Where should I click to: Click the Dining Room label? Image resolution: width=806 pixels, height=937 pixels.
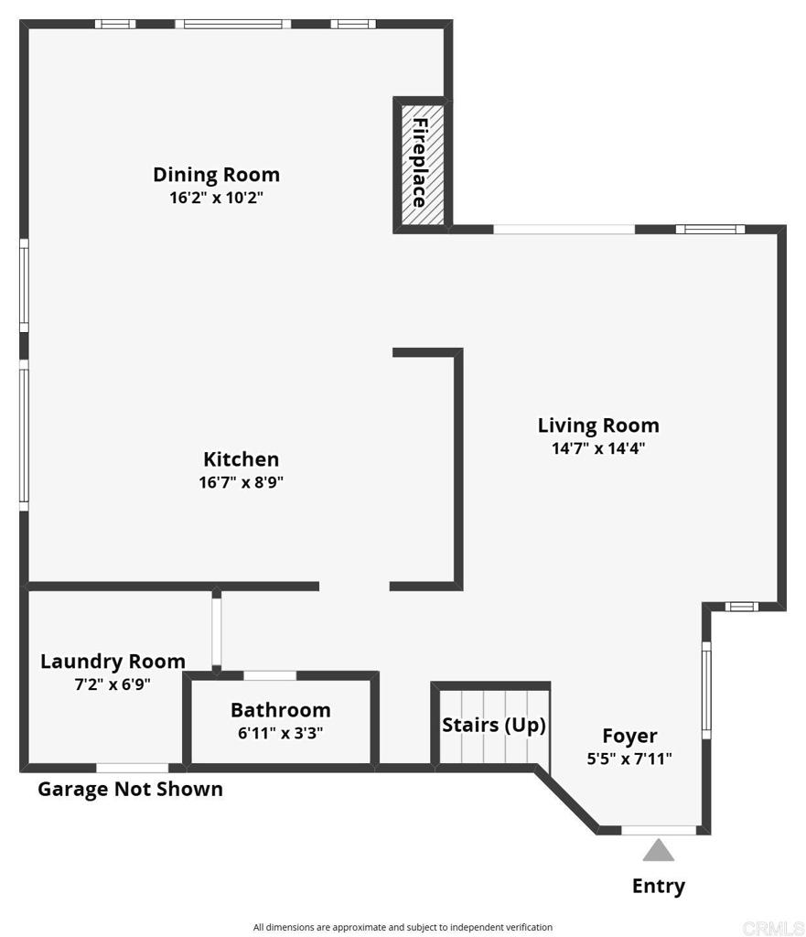(216, 175)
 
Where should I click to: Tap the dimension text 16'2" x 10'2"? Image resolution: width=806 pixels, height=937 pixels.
(216, 198)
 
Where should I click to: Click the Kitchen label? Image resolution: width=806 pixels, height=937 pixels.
(241, 459)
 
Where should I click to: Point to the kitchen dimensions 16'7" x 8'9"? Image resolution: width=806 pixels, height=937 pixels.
(241, 481)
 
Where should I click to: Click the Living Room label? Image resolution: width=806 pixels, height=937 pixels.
(598, 425)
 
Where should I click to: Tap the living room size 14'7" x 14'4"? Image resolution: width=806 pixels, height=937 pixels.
(598, 448)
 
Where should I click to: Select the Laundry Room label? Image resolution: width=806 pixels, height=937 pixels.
(113, 662)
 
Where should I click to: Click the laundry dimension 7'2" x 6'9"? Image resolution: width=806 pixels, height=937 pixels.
(113, 684)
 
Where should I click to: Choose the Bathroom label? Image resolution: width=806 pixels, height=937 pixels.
(281, 710)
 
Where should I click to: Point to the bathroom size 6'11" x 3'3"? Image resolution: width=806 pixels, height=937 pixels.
(281, 733)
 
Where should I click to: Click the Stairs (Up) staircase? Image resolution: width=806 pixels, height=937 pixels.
(494, 727)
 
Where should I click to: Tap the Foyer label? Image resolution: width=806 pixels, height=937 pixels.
(629, 737)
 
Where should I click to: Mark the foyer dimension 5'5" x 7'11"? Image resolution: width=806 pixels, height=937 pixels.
(629, 759)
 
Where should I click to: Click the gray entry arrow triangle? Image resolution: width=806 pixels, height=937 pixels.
(659, 850)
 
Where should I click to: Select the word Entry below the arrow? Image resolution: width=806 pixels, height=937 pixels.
(659, 886)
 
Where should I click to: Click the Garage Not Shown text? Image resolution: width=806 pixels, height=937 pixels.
(130, 789)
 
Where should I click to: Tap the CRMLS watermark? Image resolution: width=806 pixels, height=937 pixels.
(773, 928)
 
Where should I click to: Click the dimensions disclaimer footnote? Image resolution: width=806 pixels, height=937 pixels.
(403, 928)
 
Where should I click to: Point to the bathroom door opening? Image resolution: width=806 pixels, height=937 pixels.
(270, 676)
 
